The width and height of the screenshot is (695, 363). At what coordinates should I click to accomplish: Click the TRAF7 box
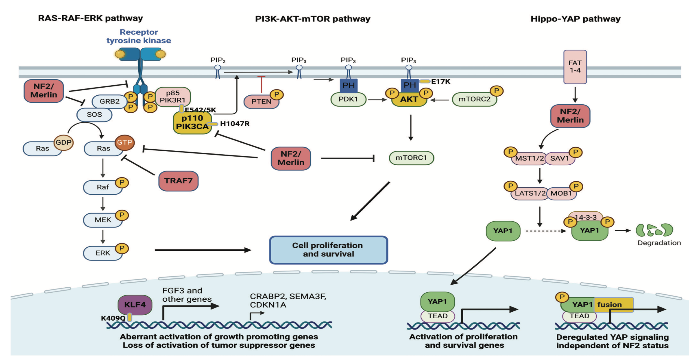178,181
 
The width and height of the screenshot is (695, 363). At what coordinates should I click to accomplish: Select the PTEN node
261,101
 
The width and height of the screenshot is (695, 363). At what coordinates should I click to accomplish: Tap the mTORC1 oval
411,158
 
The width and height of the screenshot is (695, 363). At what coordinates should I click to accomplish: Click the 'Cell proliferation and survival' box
328,250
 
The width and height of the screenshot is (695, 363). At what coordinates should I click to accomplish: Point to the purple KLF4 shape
135,305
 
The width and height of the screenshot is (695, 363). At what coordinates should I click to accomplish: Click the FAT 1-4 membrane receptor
575,67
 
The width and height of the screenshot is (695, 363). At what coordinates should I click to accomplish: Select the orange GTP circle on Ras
125,142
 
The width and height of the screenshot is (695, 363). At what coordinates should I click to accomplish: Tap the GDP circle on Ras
64,142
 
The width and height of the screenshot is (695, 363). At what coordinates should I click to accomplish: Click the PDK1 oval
348,99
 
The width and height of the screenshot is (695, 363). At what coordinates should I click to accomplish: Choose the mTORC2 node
474,99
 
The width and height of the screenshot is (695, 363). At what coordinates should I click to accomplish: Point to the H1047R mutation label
235,124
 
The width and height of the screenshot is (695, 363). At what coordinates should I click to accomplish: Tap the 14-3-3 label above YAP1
585,217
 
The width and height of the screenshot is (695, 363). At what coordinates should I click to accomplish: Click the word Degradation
659,243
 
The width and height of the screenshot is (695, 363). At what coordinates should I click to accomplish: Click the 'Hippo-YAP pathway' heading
575,19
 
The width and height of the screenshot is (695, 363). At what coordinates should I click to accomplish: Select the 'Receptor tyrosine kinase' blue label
139,36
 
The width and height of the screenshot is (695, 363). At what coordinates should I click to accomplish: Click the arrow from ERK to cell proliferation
202,250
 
